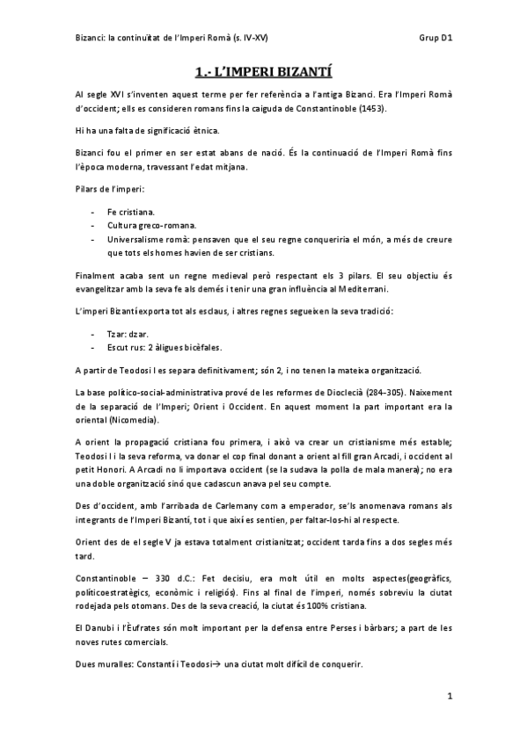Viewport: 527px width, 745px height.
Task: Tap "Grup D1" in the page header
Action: (x=436, y=39)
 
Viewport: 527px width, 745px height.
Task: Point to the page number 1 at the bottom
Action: (x=449, y=697)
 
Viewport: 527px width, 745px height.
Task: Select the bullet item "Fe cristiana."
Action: (x=130, y=213)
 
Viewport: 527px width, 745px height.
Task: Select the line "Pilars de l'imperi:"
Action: (x=108, y=190)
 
